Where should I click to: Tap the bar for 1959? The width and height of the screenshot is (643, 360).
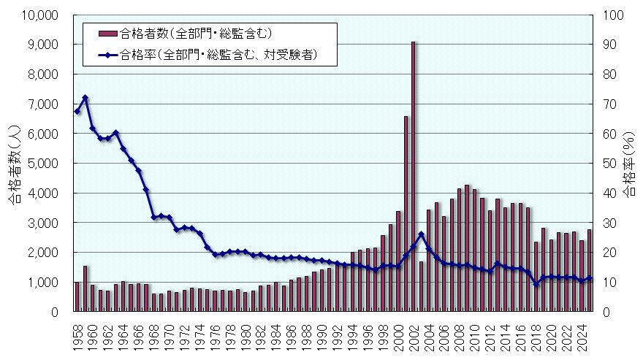[85, 289]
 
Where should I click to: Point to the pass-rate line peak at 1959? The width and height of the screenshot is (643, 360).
[85, 97]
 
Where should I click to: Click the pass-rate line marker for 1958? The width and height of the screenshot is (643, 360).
[77, 111]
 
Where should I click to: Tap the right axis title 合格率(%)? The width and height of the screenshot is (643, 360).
[629, 164]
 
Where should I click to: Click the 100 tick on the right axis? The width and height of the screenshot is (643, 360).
[609, 15]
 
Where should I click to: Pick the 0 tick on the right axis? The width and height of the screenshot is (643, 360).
[604, 312]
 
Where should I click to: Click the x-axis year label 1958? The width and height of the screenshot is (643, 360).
[77, 334]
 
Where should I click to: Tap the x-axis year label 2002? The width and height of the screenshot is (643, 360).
[414, 334]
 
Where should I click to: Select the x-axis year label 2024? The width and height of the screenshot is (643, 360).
[582, 334]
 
